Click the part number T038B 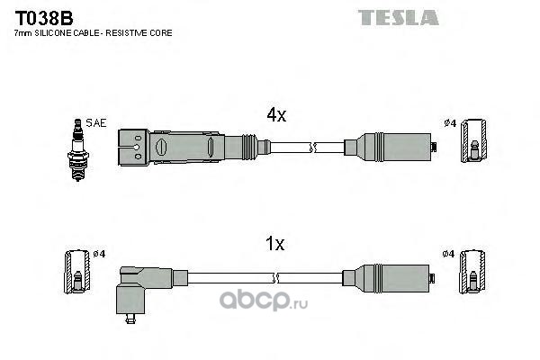[44, 18]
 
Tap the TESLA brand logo [398, 17]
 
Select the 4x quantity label [276, 114]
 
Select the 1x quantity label [274, 244]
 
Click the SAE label [96, 123]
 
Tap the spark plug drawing [78, 150]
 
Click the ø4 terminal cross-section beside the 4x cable [474, 140]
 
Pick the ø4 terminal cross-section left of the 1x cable [77, 272]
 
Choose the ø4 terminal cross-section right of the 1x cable [472, 272]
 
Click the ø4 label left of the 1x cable [99, 254]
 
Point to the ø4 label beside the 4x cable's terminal [450, 123]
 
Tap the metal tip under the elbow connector [130, 319]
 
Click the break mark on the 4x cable [312, 148]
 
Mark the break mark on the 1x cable [274, 278]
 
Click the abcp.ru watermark [264, 301]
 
